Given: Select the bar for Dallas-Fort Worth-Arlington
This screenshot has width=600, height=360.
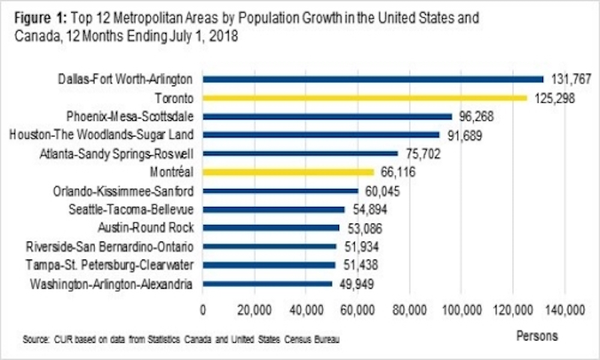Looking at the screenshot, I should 373,79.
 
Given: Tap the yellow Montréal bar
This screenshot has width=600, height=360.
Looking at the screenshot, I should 288,172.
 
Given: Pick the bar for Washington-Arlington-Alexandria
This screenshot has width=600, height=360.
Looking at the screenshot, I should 267,283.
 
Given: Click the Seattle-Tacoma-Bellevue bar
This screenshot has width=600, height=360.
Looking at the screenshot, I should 274,209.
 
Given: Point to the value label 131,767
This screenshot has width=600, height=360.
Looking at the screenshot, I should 570,79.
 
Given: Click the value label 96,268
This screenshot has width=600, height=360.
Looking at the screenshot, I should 478,116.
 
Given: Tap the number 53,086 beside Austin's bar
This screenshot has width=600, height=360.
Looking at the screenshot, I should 367,228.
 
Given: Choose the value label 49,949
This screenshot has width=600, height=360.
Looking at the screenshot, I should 358,283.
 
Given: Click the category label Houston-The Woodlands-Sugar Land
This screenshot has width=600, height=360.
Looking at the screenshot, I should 102,135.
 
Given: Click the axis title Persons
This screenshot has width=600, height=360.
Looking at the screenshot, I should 537,336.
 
